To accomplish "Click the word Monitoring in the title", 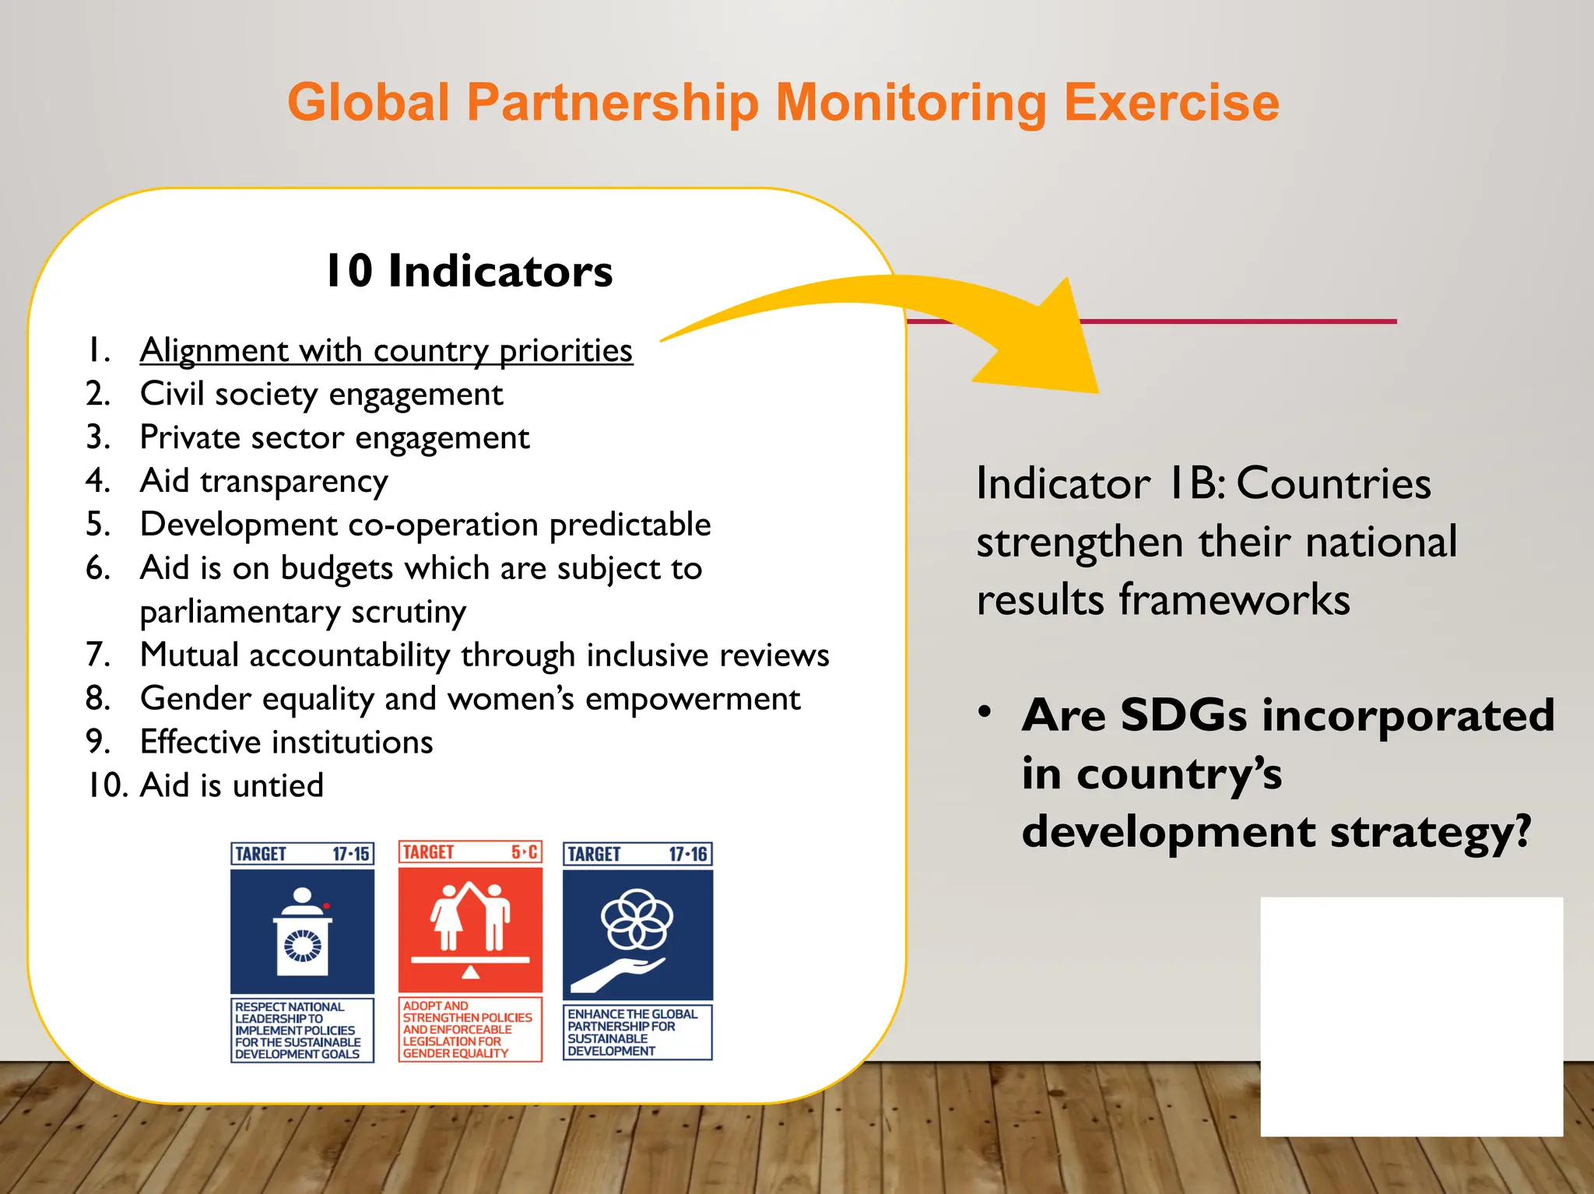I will pos(911,103).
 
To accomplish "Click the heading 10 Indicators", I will pos(469,271).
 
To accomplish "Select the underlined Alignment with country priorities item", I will pos(386,350).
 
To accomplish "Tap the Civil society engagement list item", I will pos(321,394).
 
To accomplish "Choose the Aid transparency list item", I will pos(264,481).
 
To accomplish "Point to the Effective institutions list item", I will pos(286,742).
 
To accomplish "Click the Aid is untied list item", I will pos(231,785).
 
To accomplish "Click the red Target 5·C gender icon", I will pos(470,927).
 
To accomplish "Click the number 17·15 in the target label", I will pos(351,854).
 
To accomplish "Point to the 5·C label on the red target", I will pos(525,852).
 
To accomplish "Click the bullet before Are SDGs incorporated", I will pos(985,711).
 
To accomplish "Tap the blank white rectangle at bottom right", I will pos(1411,1016).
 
